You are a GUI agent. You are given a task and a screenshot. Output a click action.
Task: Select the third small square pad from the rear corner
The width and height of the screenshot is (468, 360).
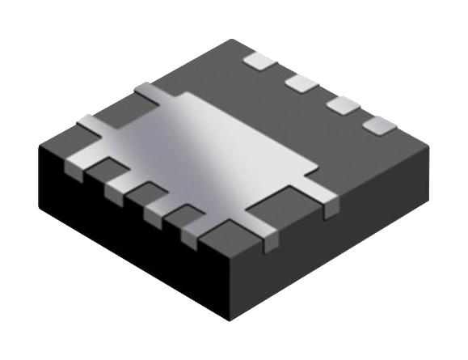pos(342,104)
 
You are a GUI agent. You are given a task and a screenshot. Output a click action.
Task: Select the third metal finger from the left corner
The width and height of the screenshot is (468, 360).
pos(156,212)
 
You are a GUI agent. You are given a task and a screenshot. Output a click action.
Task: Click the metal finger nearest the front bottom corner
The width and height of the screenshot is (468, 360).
pos(194,235)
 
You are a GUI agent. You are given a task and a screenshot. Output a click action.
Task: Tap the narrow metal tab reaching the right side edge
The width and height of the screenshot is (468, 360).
pos(327,198)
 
